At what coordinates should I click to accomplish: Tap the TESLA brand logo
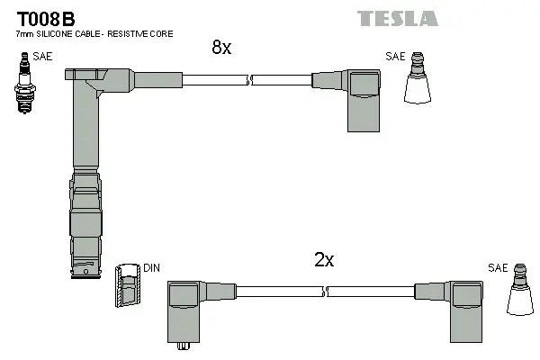coord(397,18)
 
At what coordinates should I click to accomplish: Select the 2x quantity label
coord(324,260)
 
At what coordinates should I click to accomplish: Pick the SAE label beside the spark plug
coord(42,57)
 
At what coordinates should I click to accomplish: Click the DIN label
coord(152,268)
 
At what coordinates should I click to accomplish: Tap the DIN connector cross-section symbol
coord(127,288)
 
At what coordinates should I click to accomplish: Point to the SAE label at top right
coord(395,57)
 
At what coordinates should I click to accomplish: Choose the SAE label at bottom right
coord(498,268)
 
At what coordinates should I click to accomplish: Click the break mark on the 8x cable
coord(249,81)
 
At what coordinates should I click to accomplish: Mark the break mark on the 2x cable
coord(326,291)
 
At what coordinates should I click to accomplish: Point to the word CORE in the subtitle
coord(160,33)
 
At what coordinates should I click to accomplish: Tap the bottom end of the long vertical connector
coord(85,273)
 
